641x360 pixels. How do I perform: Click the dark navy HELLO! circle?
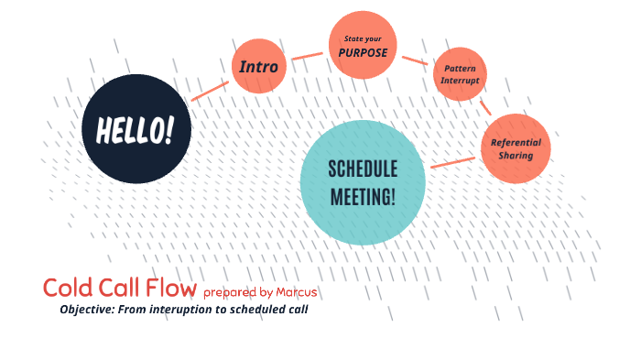click(x=136, y=128)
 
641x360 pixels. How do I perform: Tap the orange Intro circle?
click(x=260, y=67)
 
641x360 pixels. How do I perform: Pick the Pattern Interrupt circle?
click(x=459, y=74)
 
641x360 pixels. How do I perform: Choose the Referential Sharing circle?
click(x=516, y=148)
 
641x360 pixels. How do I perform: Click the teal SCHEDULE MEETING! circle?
click(x=363, y=181)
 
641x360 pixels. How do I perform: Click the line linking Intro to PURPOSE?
click(x=308, y=56)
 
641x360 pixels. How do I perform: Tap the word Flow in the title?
click(x=171, y=288)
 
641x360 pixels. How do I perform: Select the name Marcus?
click(x=297, y=292)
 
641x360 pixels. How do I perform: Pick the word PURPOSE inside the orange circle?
click(x=364, y=52)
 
